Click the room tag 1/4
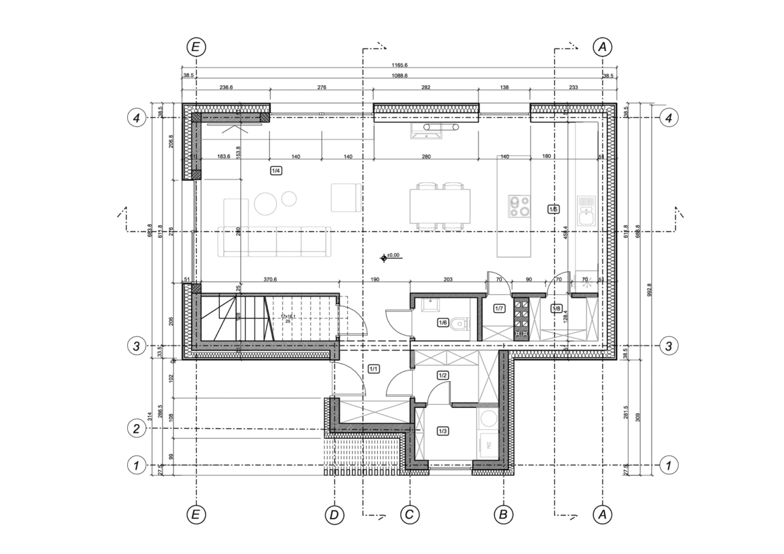(x=275, y=171)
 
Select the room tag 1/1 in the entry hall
(x=374, y=368)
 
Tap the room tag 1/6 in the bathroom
(x=442, y=323)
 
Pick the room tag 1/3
(x=443, y=431)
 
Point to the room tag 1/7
(x=499, y=309)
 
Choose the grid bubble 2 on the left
(x=137, y=429)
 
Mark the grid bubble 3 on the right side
(x=669, y=346)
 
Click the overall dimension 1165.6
(x=399, y=65)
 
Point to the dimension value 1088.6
(x=399, y=76)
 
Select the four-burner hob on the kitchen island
(x=519, y=205)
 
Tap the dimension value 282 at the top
(x=426, y=87)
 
